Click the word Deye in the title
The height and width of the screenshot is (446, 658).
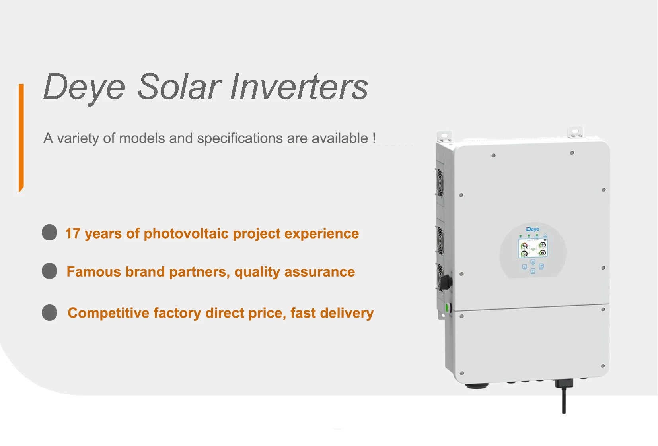pyautogui.click(x=84, y=87)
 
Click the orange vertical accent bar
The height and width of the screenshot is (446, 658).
pyautogui.click(x=21, y=137)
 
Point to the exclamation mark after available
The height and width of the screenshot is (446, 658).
pyautogui.click(x=374, y=138)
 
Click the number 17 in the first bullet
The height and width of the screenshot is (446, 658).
pyautogui.click(x=73, y=233)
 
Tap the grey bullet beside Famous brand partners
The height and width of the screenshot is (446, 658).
pyautogui.click(x=50, y=271)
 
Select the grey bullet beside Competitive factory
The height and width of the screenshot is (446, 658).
pyautogui.click(x=50, y=312)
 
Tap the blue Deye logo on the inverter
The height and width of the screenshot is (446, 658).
pyautogui.click(x=533, y=229)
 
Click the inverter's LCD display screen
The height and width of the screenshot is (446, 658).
pyautogui.click(x=533, y=248)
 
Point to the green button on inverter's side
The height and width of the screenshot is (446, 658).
pyautogui.click(x=447, y=307)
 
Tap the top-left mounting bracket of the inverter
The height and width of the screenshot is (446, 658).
pyautogui.click(x=444, y=136)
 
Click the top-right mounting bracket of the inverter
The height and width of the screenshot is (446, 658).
pyautogui.click(x=575, y=132)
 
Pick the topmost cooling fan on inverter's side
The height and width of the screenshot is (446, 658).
pyautogui.click(x=440, y=182)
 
